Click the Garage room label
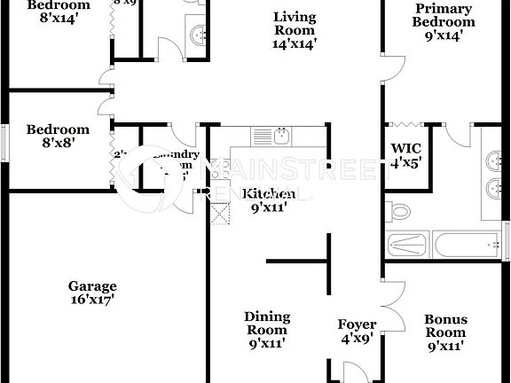[92, 286]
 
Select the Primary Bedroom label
[444, 16]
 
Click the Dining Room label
[267, 324]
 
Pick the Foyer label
[357, 324]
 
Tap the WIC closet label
[406, 148]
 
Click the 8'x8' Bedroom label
[58, 129]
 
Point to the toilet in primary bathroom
[398, 211]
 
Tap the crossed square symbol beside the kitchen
[218, 213]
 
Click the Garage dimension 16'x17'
[92, 301]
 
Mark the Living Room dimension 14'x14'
[295, 42]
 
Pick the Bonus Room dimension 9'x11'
[446, 346]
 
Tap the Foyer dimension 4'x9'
[357, 339]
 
